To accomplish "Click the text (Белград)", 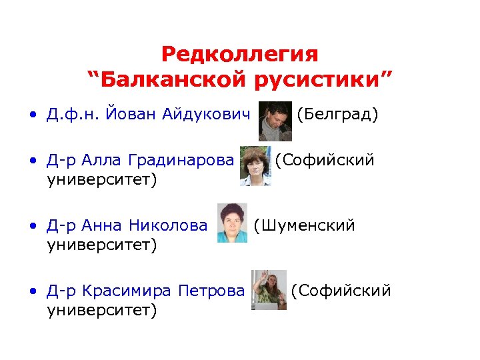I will pyautogui.click(x=337, y=115).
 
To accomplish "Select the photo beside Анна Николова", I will pyautogui.click(x=233, y=223).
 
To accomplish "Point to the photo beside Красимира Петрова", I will pyautogui.click(x=268, y=290).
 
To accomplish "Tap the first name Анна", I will pyautogui.click(x=105, y=226).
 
